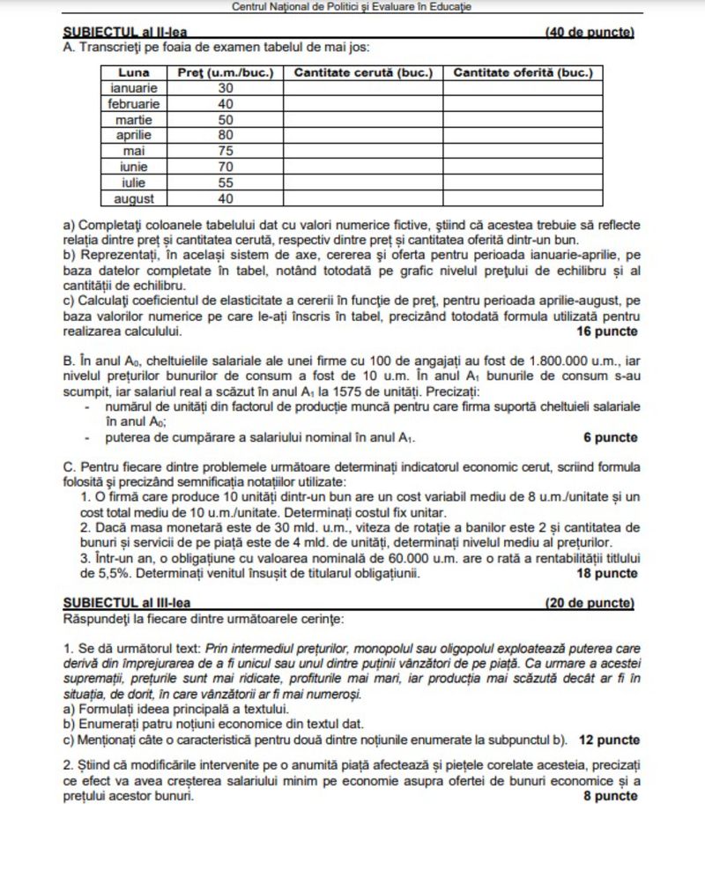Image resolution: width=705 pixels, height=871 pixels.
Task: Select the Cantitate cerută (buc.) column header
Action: (x=361, y=72)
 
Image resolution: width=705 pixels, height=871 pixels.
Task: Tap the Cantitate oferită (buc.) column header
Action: (x=523, y=72)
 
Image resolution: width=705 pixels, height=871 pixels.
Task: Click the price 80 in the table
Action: (x=226, y=135)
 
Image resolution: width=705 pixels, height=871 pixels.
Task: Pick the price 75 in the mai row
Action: (x=226, y=151)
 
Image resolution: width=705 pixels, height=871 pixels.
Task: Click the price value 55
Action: (x=226, y=182)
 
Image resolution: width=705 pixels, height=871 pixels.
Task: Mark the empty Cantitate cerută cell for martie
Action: (x=361, y=119)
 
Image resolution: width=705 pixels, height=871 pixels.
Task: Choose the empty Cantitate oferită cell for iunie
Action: (x=523, y=167)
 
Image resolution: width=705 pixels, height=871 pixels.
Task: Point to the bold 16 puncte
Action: (x=606, y=331)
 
